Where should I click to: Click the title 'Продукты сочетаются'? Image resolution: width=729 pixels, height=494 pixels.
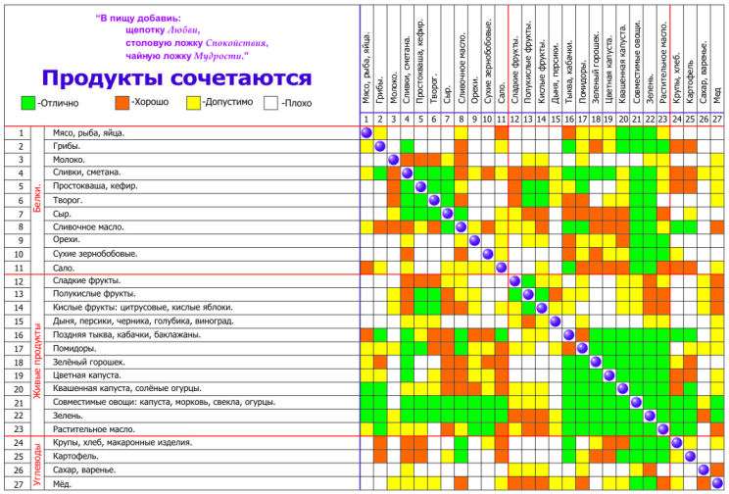pos(177,78)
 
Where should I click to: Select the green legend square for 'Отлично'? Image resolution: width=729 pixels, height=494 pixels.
pos(26,102)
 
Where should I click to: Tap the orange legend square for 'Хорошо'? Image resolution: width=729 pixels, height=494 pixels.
pos(121,102)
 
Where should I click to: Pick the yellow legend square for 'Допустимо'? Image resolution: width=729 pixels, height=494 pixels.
pos(193,102)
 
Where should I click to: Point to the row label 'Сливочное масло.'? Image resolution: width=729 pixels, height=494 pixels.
pos(87,226)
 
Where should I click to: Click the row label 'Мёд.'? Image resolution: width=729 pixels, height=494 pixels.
pos(64,483)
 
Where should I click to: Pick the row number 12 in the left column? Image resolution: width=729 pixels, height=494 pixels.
pos(21,281)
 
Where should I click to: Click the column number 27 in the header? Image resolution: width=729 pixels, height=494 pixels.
pos(717,120)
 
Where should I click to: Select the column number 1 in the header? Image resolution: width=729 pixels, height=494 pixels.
pos(366,120)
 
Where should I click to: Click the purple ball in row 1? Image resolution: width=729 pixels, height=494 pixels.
pos(366,132)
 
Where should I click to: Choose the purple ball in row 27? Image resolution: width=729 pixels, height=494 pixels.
pos(717,483)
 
